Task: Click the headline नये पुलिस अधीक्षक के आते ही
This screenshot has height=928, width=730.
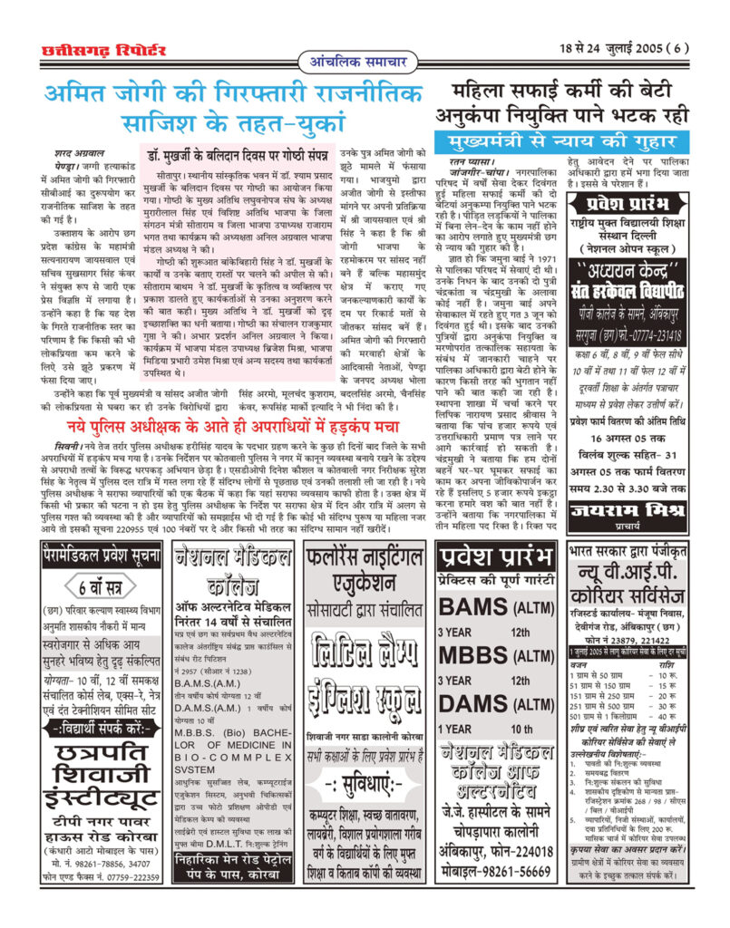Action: click(238, 427)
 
